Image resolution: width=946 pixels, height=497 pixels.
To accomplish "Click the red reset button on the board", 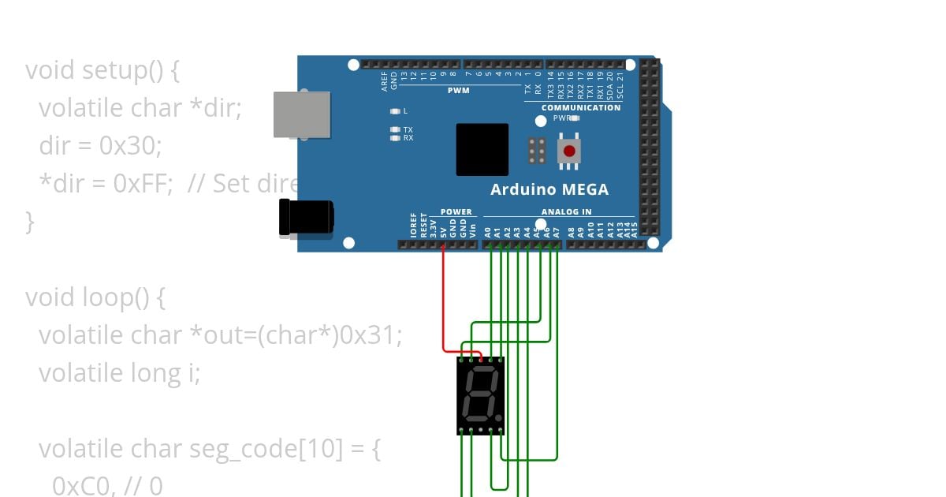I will click(569, 150).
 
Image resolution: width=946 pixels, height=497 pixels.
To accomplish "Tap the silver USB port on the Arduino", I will click(301, 115).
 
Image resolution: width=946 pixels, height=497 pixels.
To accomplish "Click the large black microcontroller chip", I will click(482, 150).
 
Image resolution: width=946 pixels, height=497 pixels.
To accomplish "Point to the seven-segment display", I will click(481, 395).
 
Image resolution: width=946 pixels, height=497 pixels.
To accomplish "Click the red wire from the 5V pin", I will click(444, 300).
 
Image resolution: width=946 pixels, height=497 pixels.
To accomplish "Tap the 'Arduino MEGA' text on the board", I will click(549, 189).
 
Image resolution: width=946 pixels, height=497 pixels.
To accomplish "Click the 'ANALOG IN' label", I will click(566, 211).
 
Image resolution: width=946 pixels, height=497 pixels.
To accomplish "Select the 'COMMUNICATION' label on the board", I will click(581, 107).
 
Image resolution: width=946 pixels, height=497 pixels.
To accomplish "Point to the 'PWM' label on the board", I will click(459, 91).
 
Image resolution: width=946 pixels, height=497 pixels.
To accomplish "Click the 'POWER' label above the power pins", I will click(456, 211).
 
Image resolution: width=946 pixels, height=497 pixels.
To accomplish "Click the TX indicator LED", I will click(395, 129).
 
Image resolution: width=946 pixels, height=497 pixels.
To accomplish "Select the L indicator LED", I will click(395, 111).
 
